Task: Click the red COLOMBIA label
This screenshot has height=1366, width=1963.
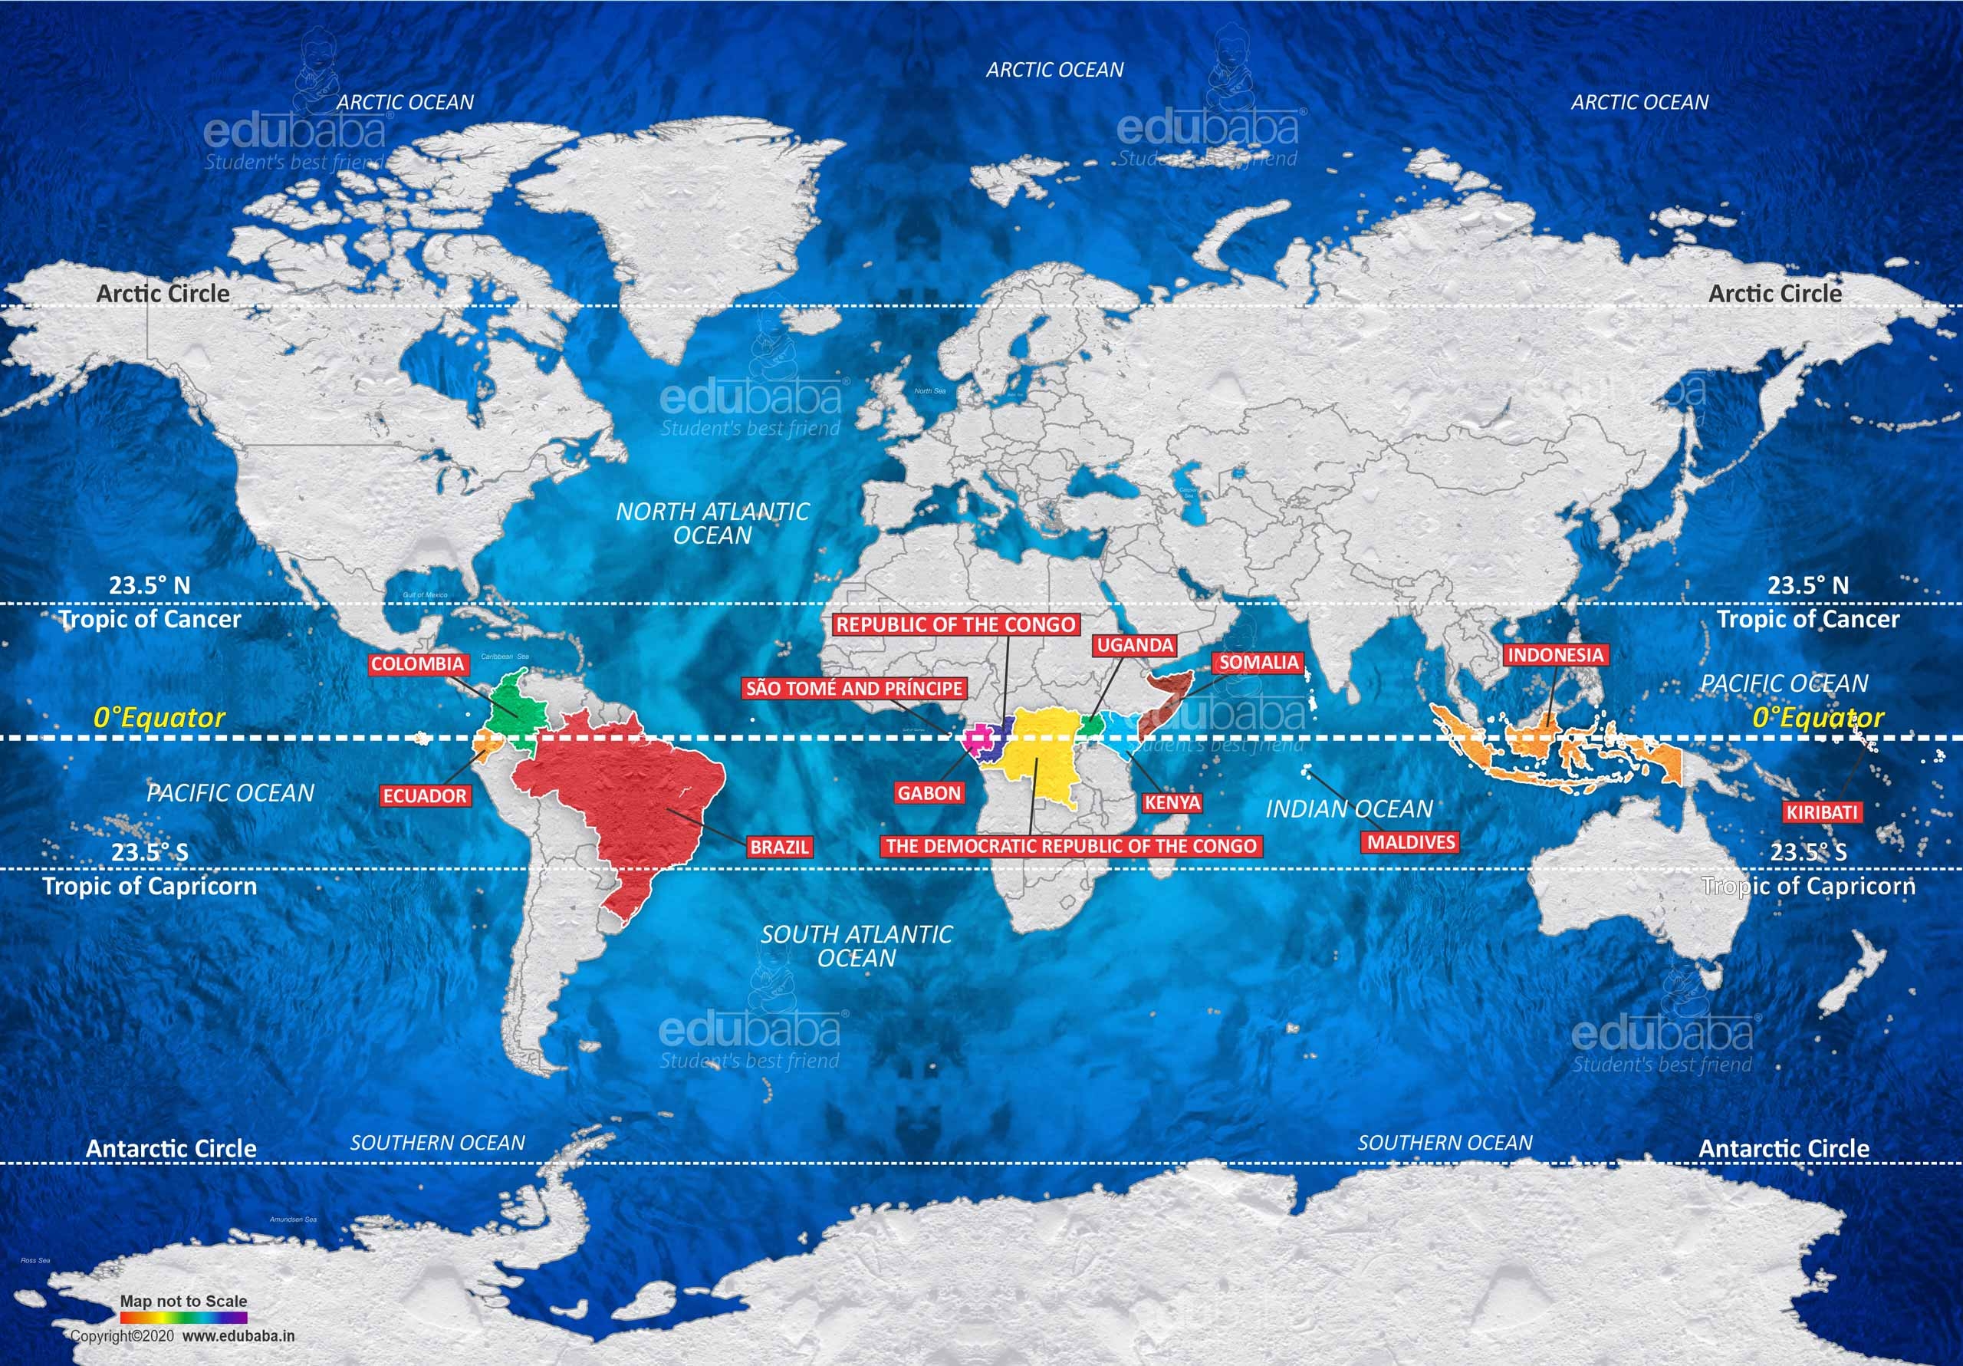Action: click(x=417, y=663)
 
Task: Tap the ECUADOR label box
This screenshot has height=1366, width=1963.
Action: click(x=424, y=796)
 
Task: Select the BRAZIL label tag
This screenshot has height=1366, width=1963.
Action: click(x=779, y=847)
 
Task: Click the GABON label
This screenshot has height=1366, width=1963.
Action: click(x=929, y=793)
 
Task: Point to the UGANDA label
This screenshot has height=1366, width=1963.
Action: click(x=1136, y=645)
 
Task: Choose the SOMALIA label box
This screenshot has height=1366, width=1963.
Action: click(x=1258, y=662)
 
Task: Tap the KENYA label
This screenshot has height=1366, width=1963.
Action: click(x=1172, y=802)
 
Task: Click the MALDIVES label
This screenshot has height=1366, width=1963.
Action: click(x=1411, y=841)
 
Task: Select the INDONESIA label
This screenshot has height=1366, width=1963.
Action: click(x=1555, y=655)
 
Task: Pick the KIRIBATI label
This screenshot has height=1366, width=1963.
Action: click(x=1821, y=811)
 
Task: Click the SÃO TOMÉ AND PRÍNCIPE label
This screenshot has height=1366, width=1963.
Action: click(x=854, y=689)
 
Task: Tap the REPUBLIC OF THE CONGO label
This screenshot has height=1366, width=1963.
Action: click(x=955, y=624)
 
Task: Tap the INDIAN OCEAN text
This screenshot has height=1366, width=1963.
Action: click(x=1348, y=808)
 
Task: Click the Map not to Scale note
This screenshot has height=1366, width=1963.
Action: click(x=183, y=1301)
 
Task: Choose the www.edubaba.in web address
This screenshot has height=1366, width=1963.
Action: click(x=238, y=1336)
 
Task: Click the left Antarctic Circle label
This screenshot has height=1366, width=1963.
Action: click(x=171, y=1148)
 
